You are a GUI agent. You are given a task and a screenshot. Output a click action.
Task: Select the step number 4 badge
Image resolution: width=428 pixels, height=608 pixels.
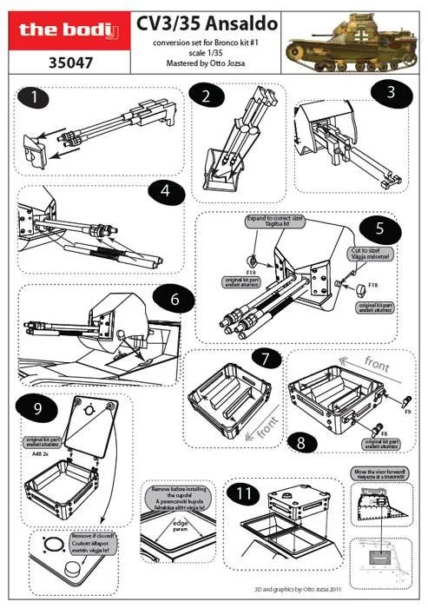coord(166,191)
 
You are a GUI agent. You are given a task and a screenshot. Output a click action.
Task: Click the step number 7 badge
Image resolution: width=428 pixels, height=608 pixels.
coord(267,357)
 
